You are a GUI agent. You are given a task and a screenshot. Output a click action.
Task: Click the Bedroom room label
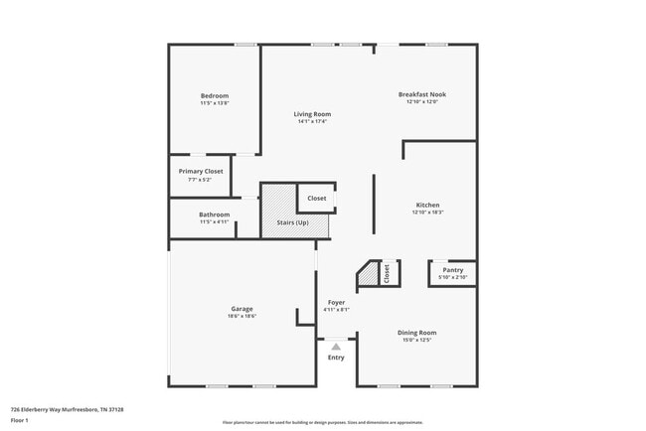[215, 95]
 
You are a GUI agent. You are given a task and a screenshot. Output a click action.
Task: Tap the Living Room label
[310, 114]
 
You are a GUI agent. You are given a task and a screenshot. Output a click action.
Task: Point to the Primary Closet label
[201, 171]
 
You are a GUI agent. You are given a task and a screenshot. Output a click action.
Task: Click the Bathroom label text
[215, 215]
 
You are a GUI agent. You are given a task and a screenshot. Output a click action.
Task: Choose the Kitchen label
[426, 205]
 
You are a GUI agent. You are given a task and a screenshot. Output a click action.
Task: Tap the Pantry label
[452, 269]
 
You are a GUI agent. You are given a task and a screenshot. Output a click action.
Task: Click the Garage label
[242, 308]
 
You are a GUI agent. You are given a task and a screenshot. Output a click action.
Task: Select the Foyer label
[336, 302]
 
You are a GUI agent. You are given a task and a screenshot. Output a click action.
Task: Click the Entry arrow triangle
[336, 347]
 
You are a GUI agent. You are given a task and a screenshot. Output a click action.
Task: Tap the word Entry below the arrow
[336, 358]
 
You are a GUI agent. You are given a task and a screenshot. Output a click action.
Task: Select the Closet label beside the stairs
[316, 198]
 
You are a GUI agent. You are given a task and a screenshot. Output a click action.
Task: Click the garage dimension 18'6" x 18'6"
[242, 316]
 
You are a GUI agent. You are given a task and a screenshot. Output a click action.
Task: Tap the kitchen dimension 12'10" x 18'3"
[426, 213]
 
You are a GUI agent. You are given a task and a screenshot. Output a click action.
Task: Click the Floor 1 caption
[21, 420]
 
